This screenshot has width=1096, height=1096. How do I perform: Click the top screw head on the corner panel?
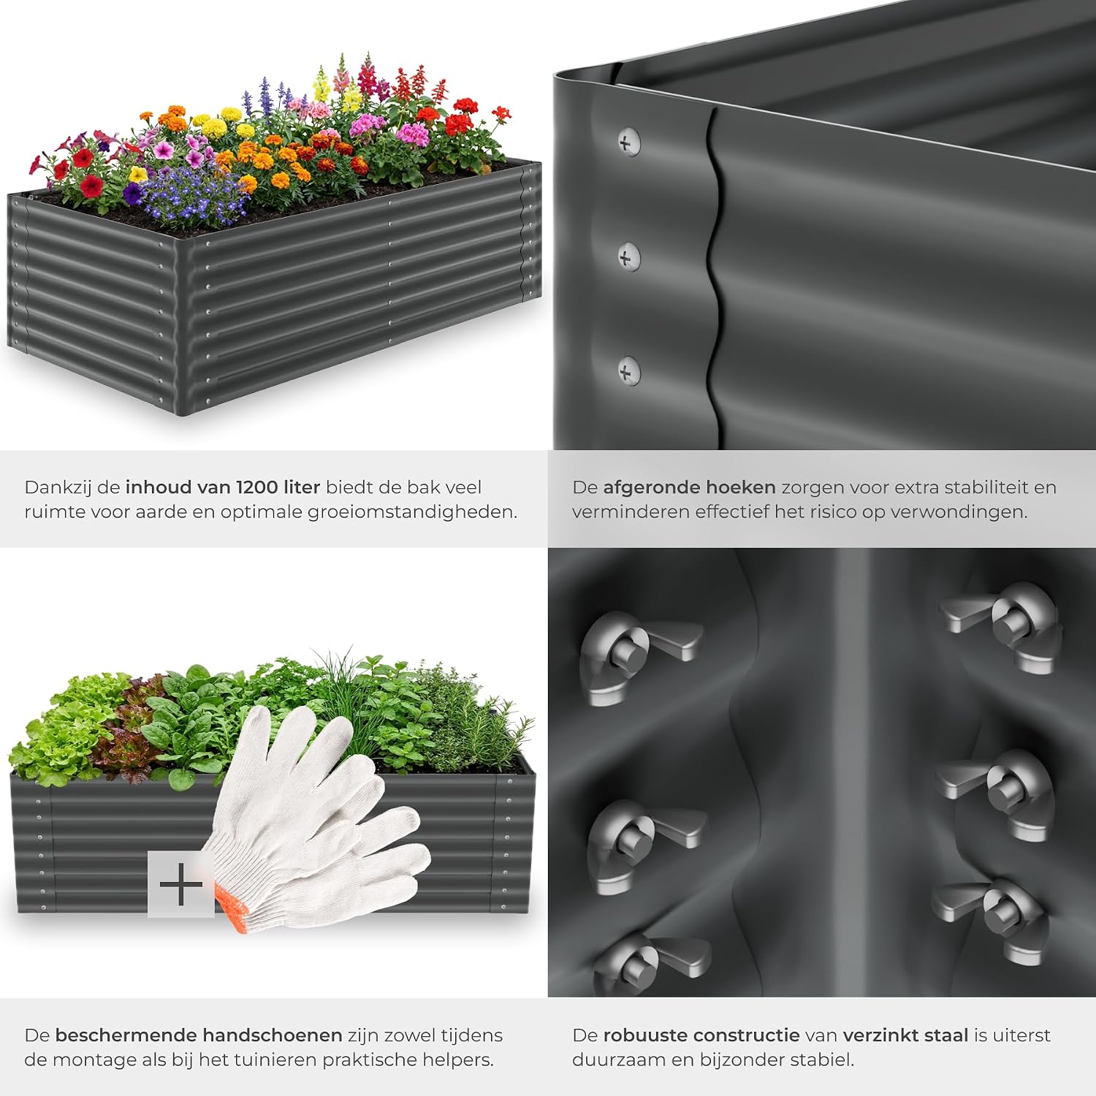click(x=628, y=141)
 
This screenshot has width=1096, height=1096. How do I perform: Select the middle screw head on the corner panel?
click(x=628, y=256)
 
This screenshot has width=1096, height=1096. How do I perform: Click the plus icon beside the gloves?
click(x=180, y=885)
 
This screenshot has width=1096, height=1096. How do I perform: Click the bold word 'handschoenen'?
click(x=273, y=1035)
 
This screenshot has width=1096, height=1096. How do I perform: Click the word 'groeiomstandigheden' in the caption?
click(x=412, y=512)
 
